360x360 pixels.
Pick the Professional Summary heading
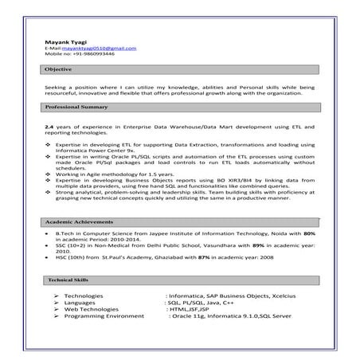(x=76, y=107)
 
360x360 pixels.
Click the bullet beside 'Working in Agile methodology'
(x=49, y=173)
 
